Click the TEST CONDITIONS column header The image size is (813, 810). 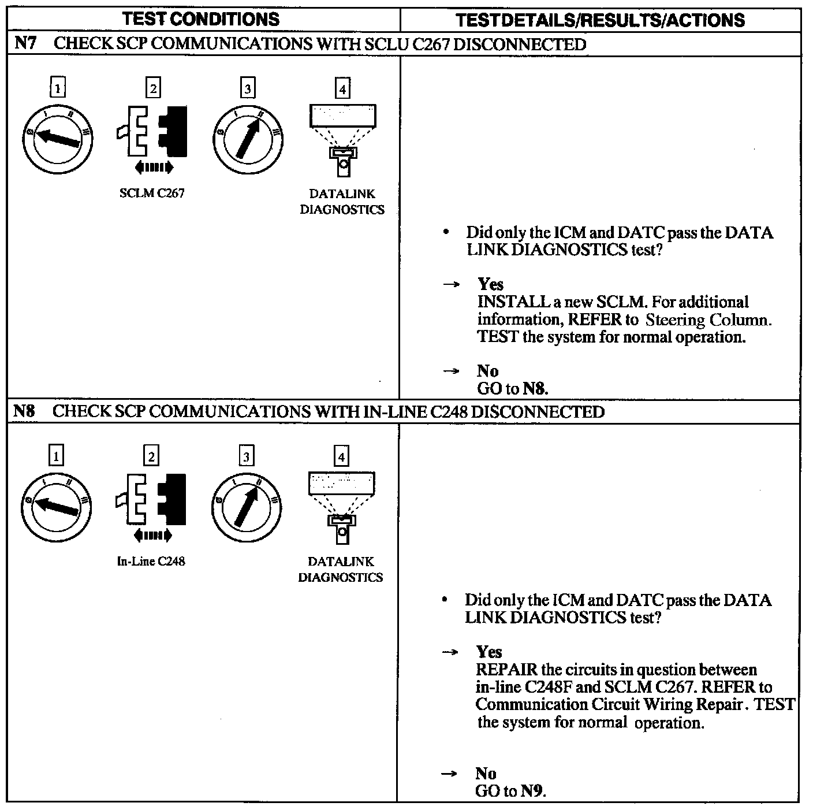pyautogui.click(x=201, y=19)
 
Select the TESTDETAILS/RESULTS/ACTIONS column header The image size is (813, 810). pyautogui.click(x=600, y=20)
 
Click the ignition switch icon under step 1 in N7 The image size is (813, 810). pyautogui.click(x=57, y=138)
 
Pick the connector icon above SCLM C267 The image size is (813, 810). pyautogui.click(x=152, y=131)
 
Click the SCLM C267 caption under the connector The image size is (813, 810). pyautogui.click(x=152, y=194)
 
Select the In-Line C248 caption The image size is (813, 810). pyautogui.click(x=151, y=561)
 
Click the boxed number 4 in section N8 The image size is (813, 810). pyautogui.click(x=342, y=457)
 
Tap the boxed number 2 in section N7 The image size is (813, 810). pyautogui.click(x=153, y=88)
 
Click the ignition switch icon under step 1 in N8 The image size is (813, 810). pyautogui.click(x=56, y=506)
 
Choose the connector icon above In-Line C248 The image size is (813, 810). pyautogui.click(x=151, y=500)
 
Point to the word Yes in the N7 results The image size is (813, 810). pyautogui.click(x=490, y=284)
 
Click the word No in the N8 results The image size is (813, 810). pyautogui.click(x=486, y=774)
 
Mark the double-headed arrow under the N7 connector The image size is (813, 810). pyautogui.click(x=153, y=168)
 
